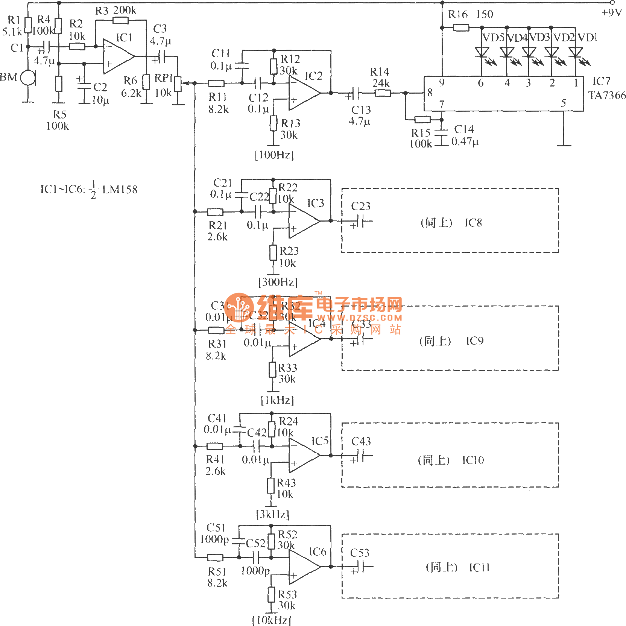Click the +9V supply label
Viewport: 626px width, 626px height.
point(612,13)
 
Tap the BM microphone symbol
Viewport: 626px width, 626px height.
point(27,78)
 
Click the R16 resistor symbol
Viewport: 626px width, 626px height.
point(461,27)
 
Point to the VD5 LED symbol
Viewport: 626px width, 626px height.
point(482,52)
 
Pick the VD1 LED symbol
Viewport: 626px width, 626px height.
point(576,52)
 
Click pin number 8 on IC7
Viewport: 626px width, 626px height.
point(430,93)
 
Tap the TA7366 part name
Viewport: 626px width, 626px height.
point(607,96)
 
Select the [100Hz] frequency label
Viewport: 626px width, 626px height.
point(274,155)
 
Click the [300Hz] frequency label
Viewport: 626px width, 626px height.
point(278,282)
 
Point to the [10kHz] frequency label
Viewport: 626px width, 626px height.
point(272,620)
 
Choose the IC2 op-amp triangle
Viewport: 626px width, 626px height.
point(304,93)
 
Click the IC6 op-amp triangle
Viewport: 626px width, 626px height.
point(304,567)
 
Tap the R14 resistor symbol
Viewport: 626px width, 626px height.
point(382,93)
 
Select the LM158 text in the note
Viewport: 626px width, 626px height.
point(120,190)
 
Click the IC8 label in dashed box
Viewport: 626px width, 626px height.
point(473,223)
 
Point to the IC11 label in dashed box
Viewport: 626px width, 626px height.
point(479,567)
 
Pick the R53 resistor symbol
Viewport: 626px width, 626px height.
point(272,594)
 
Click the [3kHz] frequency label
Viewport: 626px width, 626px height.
point(273,514)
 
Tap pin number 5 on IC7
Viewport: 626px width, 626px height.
point(563,103)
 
